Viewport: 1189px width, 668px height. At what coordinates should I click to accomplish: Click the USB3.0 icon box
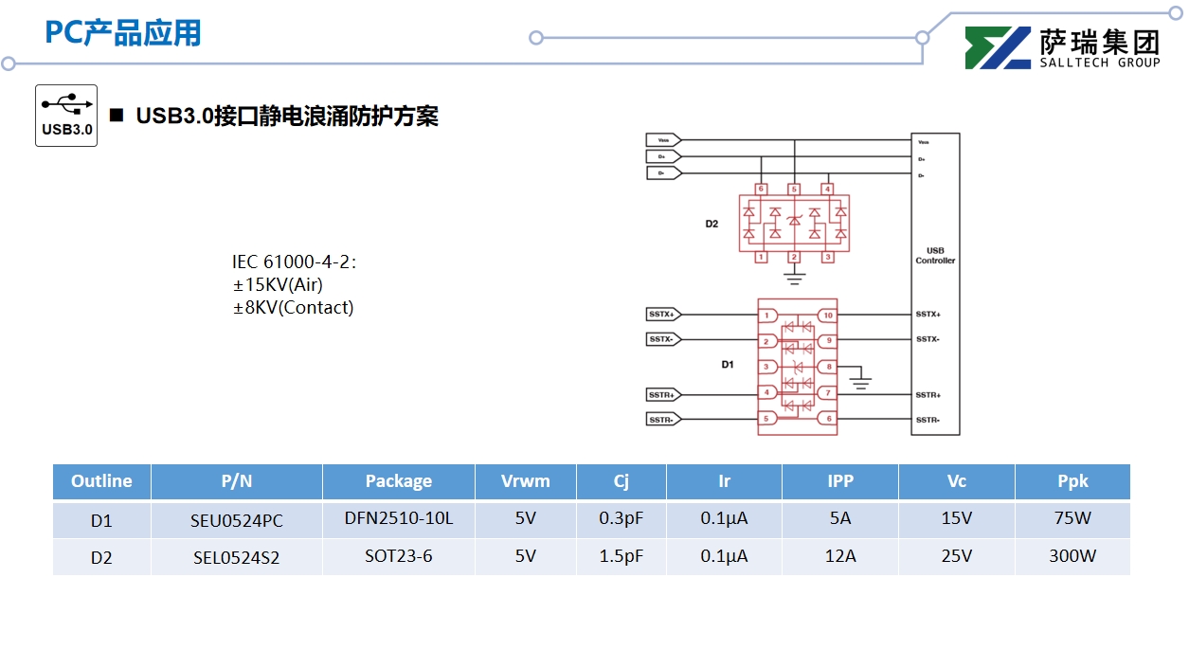66,116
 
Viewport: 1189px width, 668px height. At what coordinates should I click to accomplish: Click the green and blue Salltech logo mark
997,48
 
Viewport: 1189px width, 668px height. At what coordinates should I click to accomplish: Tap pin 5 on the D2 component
794,190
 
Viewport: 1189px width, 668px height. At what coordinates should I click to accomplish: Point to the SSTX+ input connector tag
662,314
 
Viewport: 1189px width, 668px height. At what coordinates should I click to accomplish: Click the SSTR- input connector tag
662,420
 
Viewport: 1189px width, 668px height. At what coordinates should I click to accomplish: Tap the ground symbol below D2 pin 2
795,279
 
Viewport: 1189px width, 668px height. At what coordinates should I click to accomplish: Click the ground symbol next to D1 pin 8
860,382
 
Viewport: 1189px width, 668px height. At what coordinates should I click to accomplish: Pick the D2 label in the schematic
712,225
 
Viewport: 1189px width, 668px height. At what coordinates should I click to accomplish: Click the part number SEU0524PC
237,520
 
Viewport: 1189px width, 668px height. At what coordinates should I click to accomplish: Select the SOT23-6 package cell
398,556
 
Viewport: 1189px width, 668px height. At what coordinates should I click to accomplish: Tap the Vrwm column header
525,481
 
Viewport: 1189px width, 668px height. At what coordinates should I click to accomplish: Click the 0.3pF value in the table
621,519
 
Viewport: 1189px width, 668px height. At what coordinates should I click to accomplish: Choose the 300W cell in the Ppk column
1072,556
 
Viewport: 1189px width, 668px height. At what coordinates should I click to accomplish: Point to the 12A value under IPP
839,556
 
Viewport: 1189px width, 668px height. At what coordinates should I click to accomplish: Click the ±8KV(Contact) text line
294,307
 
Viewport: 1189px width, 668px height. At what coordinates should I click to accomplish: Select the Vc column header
956,481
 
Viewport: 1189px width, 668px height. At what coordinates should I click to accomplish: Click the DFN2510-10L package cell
398,519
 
